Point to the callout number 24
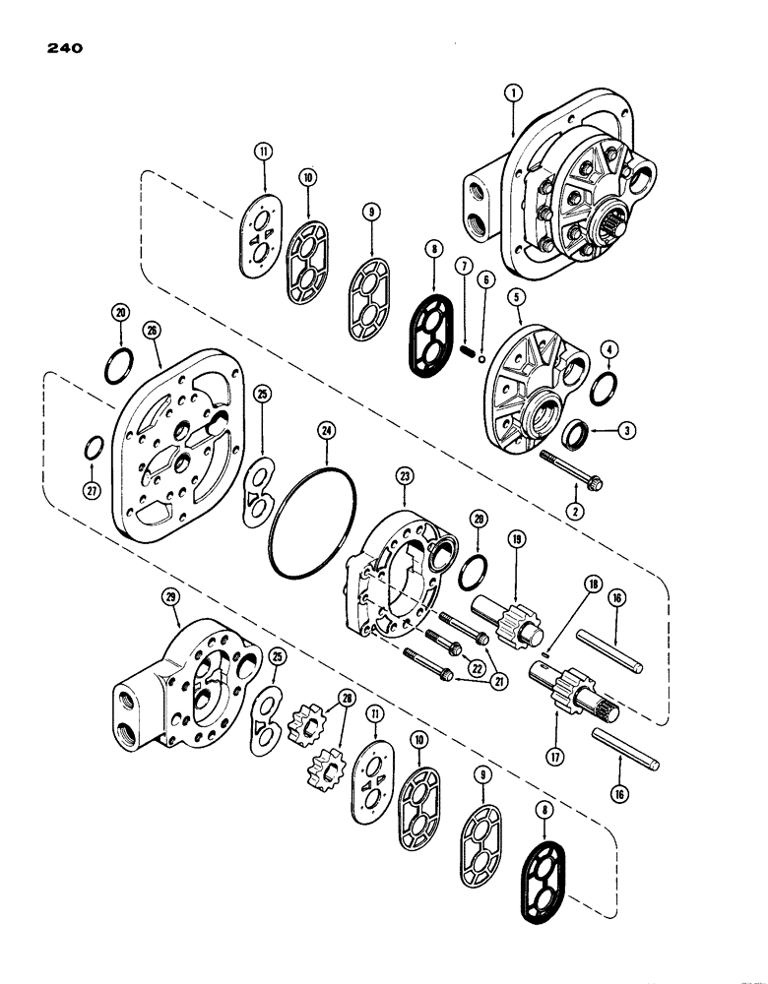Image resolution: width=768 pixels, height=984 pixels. [326, 430]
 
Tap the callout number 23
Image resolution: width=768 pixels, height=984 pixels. [405, 475]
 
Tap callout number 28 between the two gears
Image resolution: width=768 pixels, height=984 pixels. [344, 698]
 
